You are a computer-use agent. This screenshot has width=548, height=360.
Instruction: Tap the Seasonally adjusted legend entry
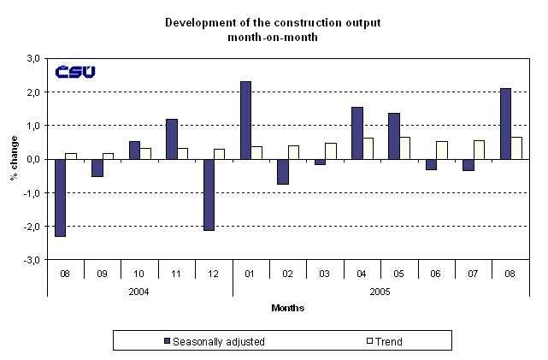pyautogui.click(x=214, y=341)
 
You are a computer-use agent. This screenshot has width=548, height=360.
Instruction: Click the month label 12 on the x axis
pyautogui.click(x=214, y=273)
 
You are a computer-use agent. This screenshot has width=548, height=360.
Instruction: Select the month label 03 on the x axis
pyautogui.click(x=326, y=273)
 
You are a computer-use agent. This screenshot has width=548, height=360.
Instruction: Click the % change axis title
pyautogui.click(x=15, y=159)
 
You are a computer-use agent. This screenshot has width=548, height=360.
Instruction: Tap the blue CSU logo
pyautogui.click(x=75, y=72)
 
